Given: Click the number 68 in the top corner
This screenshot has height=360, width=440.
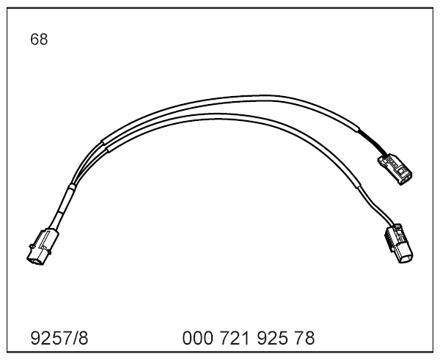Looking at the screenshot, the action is tap(39, 40).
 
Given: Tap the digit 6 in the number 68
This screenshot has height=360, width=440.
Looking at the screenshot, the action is tap(34, 40).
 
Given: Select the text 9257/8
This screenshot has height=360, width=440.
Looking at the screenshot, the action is tap(59, 338).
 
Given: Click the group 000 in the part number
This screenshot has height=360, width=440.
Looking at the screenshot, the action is tap(197, 338).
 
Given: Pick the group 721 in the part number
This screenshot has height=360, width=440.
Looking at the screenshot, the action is tap(235, 338).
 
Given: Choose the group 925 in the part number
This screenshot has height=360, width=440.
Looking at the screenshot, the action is tap(272, 338).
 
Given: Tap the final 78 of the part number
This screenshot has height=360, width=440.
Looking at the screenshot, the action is tap(305, 338).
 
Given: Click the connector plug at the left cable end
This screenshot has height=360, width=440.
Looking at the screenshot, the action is tap(43, 247).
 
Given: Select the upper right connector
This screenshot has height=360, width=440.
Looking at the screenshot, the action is tap(395, 169).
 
